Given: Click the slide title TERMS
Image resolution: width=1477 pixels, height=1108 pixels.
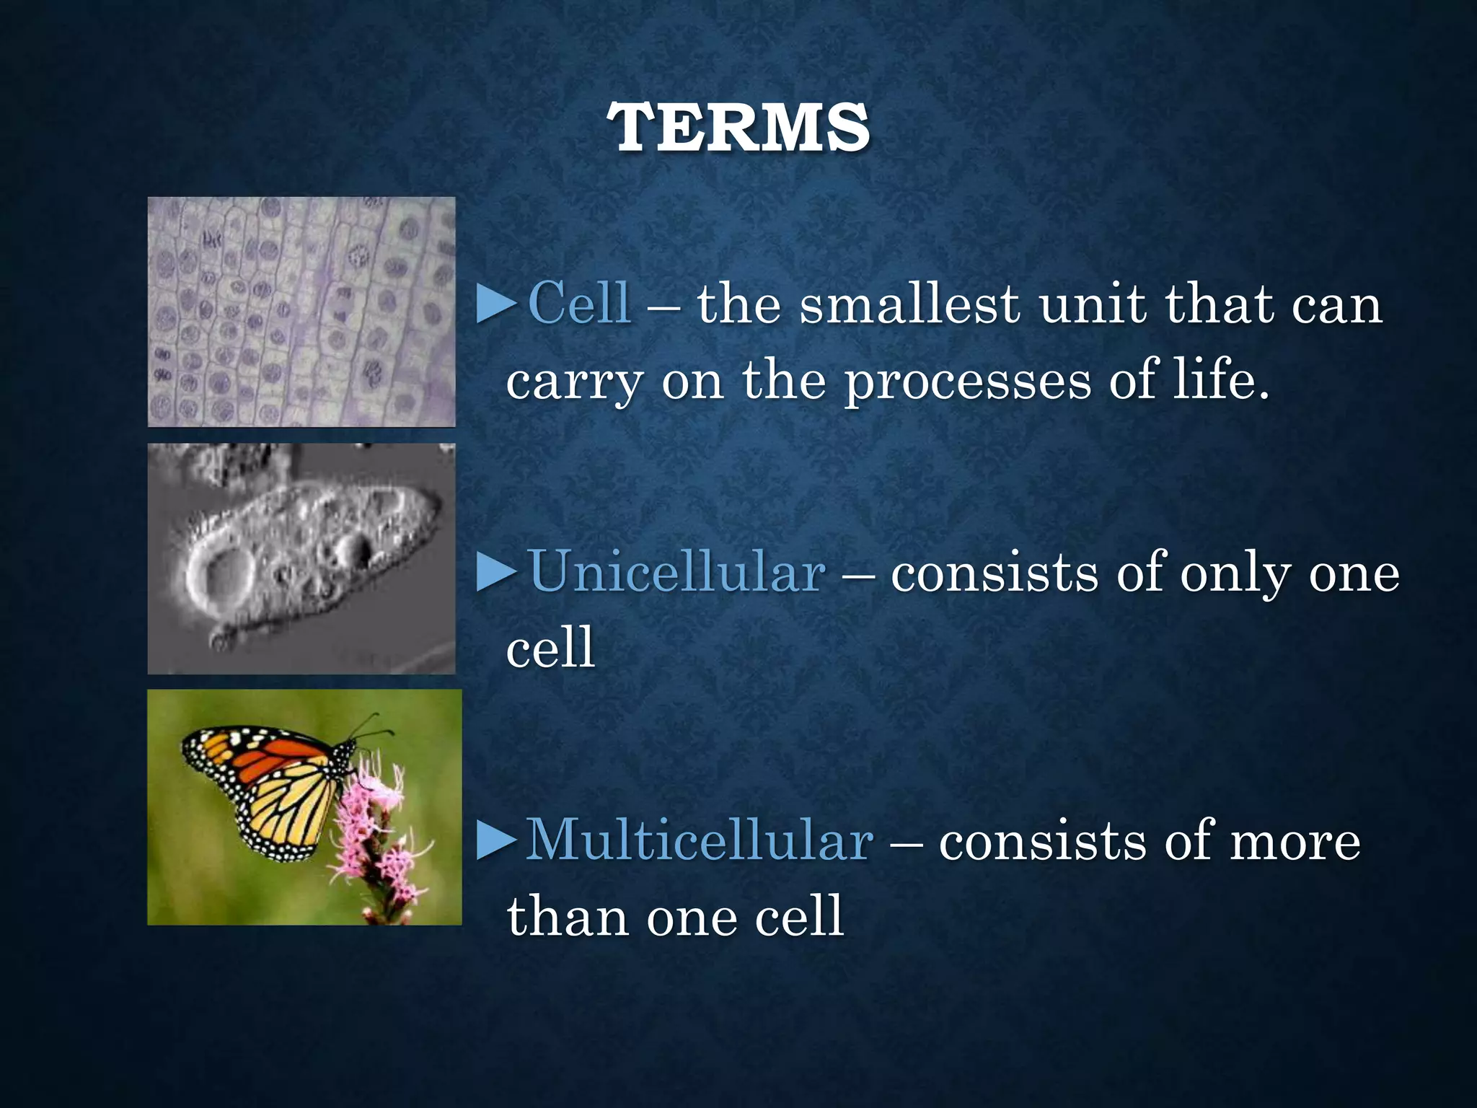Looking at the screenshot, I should pyautogui.click(x=738, y=128).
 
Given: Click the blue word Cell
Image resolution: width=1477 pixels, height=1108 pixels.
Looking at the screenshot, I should pyautogui.click(x=580, y=304).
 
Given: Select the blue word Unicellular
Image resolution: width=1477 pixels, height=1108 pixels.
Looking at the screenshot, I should pyautogui.click(x=676, y=573).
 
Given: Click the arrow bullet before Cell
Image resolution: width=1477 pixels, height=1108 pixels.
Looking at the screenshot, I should pyautogui.click(x=497, y=304).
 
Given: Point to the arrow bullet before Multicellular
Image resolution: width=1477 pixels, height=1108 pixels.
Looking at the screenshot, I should pyautogui.click(x=497, y=841).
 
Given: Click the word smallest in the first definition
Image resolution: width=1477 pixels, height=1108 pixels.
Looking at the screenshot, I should pyautogui.click(x=909, y=304).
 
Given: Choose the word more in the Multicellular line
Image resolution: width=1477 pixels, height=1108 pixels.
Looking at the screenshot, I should pyautogui.click(x=1295, y=842).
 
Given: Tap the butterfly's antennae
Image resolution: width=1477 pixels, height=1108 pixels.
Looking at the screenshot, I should pyautogui.click(x=371, y=725).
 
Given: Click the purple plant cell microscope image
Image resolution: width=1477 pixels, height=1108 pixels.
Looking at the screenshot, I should pyautogui.click(x=301, y=312).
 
